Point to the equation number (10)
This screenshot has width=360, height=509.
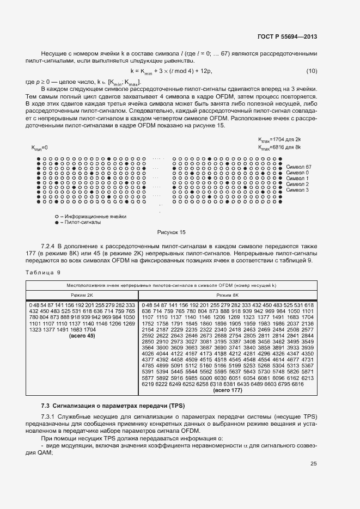pos(312,72)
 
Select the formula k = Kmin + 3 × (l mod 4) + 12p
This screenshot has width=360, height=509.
pos(171,72)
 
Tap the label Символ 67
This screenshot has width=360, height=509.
pos(298,166)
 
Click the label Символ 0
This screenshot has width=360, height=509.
pos(296,172)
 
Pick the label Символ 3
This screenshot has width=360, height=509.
pos(296,190)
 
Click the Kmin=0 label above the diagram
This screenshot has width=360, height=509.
pos(40,148)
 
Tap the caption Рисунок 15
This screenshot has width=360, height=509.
pos(171,232)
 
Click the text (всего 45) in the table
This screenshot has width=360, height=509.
pos(83,336)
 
